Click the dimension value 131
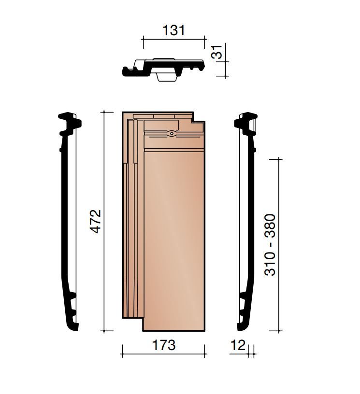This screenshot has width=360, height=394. [x=173, y=30]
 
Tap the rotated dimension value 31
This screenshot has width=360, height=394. [x=219, y=52]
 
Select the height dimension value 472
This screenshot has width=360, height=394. [x=96, y=221]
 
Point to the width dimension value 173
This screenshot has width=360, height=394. [x=163, y=345]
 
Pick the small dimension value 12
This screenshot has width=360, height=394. [x=238, y=345]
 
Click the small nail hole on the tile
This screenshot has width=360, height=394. [x=172, y=133]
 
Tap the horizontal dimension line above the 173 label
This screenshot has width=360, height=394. [x=163, y=355]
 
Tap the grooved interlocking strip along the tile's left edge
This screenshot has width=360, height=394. [x=130, y=217]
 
